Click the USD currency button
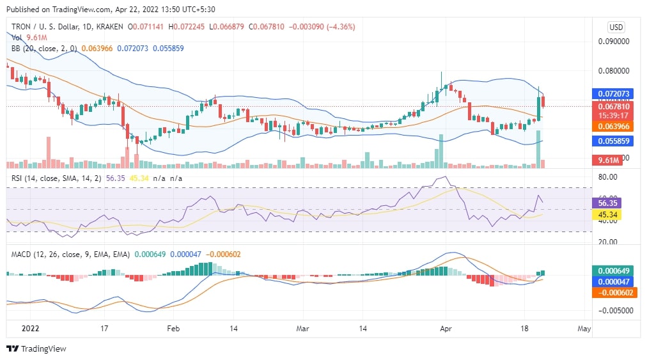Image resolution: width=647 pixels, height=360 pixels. [x=616, y=27]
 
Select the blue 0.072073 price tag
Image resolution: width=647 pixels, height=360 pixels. [x=614, y=93]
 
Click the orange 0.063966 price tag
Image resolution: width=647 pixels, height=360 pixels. [x=614, y=127]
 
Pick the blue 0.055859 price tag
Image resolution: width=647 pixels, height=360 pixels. [x=614, y=141]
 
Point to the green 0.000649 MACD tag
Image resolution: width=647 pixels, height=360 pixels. [x=614, y=270]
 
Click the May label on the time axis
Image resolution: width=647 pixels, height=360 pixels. [x=583, y=328]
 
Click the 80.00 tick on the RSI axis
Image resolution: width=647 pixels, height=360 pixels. [x=607, y=176]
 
